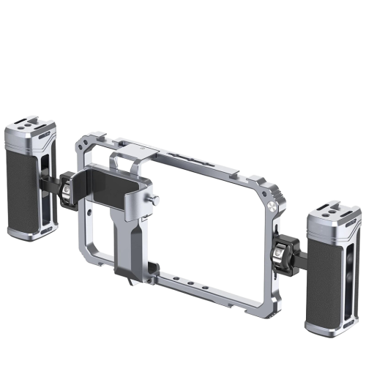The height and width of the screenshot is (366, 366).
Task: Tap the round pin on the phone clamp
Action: (156, 200)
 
